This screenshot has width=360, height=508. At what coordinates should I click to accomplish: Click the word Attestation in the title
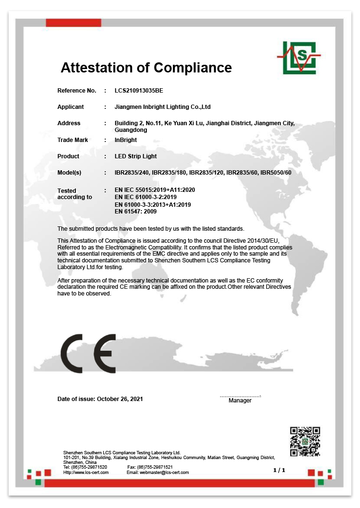pyautogui.click(x=99, y=68)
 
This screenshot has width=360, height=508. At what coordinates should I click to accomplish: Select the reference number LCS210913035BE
pyautogui.click(x=142, y=91)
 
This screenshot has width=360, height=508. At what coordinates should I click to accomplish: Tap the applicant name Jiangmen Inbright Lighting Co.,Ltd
pyautogui.click(x=163, y=107)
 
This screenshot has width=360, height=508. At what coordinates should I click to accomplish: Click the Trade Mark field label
pyautogui.click(x=72, y=140)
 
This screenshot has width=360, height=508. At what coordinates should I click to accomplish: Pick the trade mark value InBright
pyautogui.click(x=126, y=140)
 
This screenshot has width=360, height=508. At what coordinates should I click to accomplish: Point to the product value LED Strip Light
pyautogui.click(x=136, y=156)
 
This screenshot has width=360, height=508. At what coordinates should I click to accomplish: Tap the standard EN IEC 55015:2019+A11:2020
pyautogui.click(x=155, y=190)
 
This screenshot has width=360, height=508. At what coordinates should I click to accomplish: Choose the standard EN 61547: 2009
pyautogui.click(x=136, y=212)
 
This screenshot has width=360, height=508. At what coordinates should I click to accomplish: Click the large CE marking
pyautogui.click(x=88, y=354)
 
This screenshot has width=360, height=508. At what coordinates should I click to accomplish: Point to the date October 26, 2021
pyautogui.click(x=120, y=399)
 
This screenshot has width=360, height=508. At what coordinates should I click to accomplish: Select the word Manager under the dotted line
pyautogui.click(x=240, y=401)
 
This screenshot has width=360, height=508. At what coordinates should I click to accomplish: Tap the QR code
pyautogui.click(x=305, y=441)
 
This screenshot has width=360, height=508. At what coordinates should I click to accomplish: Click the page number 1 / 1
pyautogui.click(x=279, y=470)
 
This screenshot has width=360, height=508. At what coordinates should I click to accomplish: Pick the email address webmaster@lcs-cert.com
pyautogui.click(x=164, y=473)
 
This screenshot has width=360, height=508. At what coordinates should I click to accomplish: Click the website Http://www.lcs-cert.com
pyautogui.click(x=86, y=473)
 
